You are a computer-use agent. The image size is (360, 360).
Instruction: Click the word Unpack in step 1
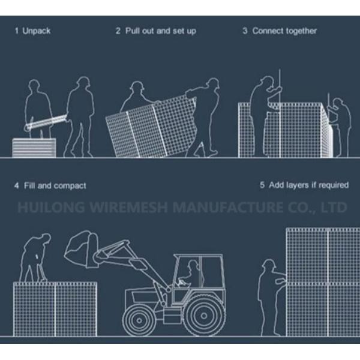[x=36, y=31]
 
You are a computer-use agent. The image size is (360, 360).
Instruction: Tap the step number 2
[x=118, y=31]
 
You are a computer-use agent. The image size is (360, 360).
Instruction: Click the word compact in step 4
[x=70, y=186]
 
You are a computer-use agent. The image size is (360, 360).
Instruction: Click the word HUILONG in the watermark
[x=51, y=207]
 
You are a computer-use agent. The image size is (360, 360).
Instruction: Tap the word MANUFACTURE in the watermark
[x=228, y=207]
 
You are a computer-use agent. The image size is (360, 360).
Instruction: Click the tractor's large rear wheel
[x=204, y=316]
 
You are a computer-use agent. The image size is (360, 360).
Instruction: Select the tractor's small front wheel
[x=139, y=320]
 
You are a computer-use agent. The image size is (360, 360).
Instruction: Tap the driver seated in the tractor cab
[x=190, y=274]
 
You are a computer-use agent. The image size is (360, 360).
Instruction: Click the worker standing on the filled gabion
[x=35, y=257]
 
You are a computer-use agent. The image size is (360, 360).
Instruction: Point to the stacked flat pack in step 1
[x=34, y=148]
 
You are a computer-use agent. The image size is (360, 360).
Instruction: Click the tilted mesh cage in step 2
[x=151, y=127]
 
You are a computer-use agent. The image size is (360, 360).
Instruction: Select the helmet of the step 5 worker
[x=269, y=263]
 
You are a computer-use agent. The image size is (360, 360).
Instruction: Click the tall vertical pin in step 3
[x=280, y=113]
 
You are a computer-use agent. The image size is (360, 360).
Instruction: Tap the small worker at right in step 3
[x=340, y=128]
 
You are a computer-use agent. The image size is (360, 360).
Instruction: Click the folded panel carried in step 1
[x=46, y=122]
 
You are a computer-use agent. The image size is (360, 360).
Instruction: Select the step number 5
[x=262, y=185]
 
